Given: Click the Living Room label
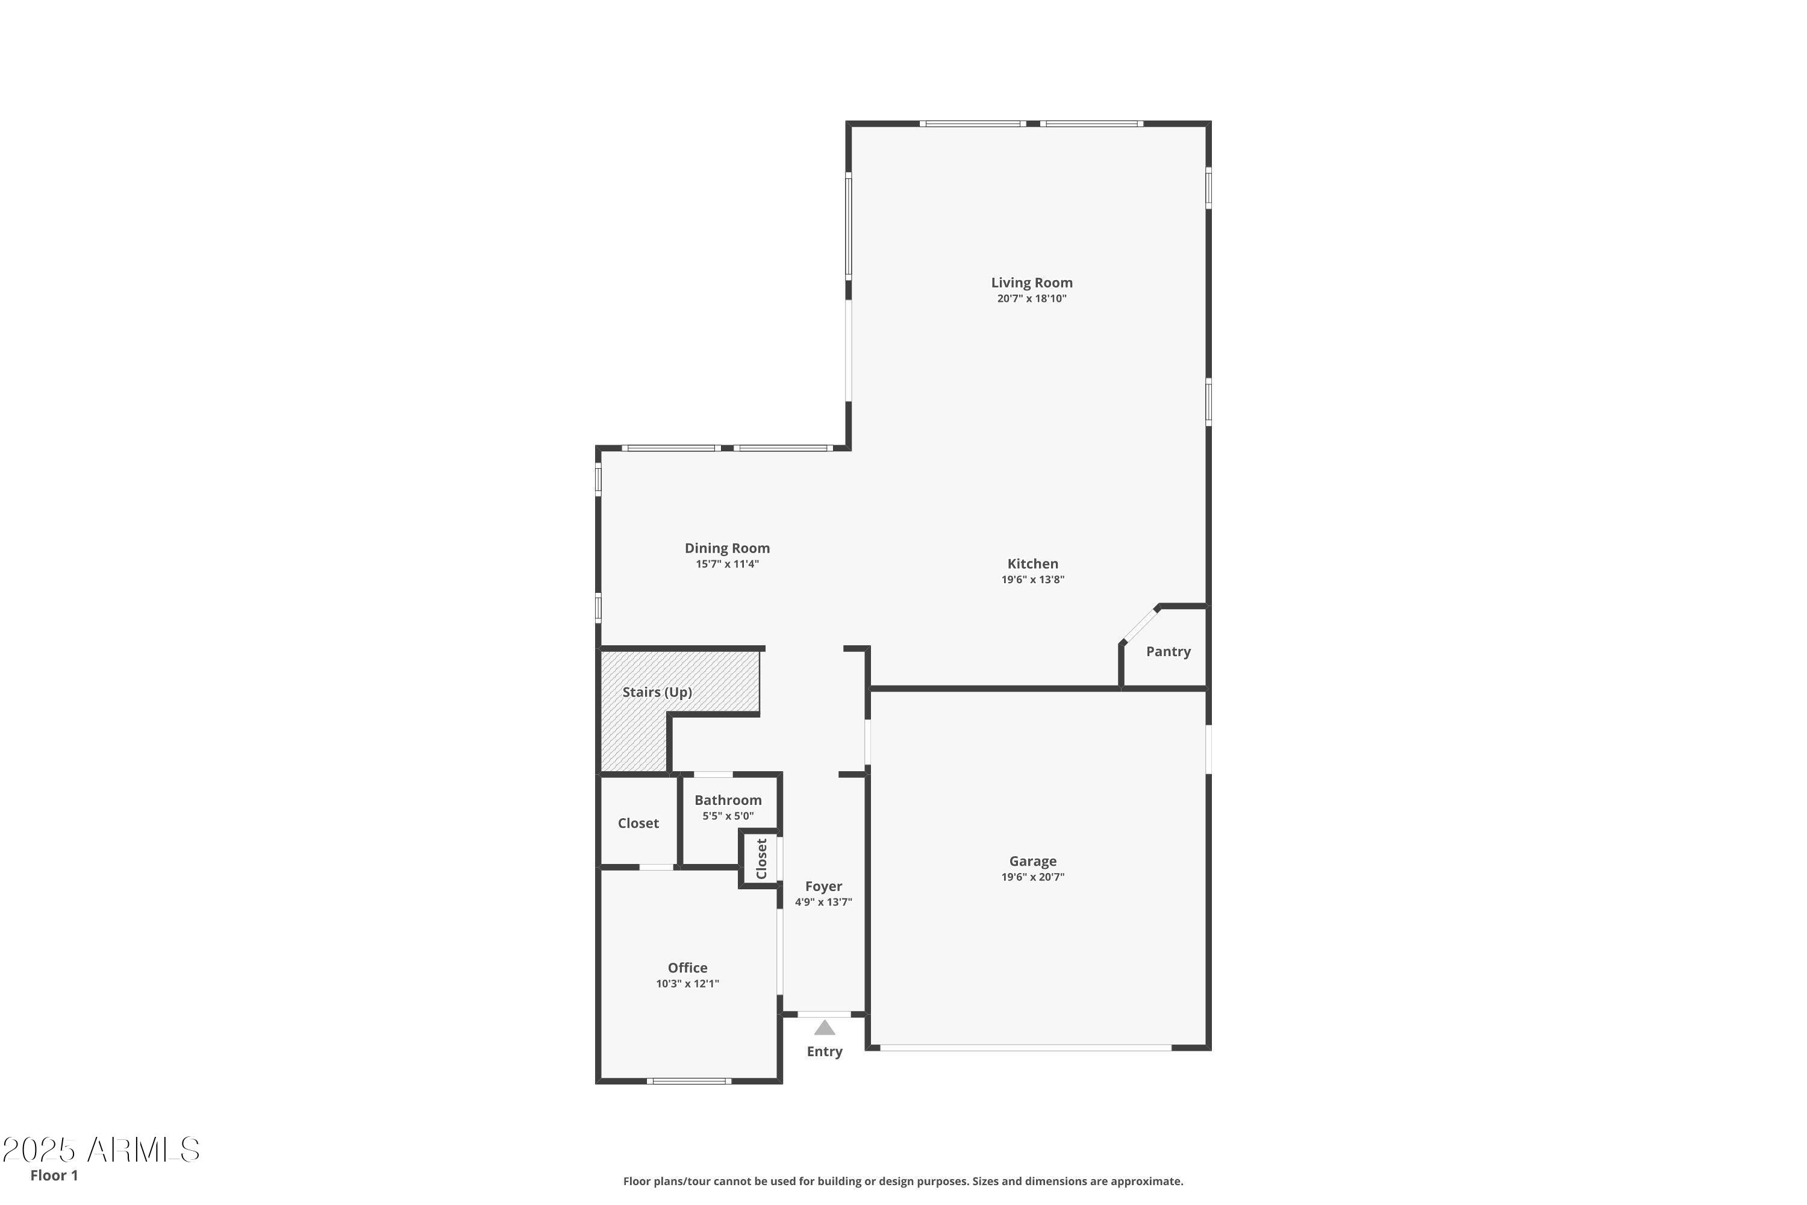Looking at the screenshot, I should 1031,283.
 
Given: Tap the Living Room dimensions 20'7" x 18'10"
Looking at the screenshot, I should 1031,299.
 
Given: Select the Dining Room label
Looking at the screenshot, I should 727,548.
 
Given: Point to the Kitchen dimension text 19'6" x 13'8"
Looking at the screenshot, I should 1032,580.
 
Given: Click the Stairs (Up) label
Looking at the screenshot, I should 657,692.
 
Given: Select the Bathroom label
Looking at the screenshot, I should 728,800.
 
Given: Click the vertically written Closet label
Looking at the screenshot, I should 761,859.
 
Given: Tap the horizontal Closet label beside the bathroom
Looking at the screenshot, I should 638,823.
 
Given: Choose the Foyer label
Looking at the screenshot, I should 823,886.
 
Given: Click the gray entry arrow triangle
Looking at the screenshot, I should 825,1028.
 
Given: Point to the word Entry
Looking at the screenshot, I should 825,1051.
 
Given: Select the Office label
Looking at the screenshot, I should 687,968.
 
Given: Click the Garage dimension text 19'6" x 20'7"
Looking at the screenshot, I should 1032,877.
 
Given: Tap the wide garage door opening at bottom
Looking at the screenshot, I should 1025,1048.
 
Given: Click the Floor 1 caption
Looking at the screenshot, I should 54,1175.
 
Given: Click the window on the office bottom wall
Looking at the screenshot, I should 688,1081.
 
